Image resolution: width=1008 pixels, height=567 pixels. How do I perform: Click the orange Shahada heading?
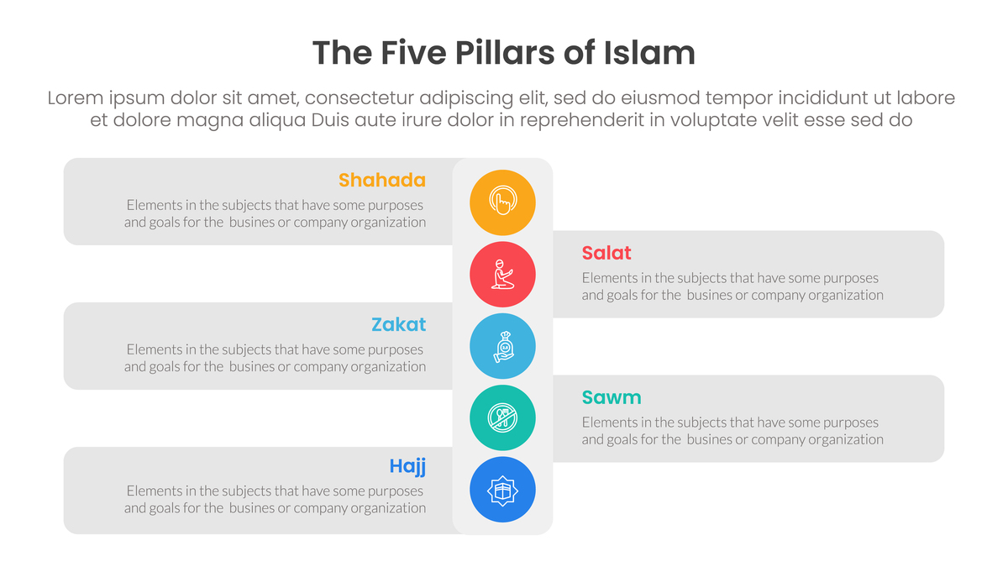tap(381, 180)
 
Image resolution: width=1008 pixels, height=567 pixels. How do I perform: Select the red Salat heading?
tap(606, 253)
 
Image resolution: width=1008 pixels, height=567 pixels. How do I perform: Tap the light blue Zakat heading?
tap(398, 324)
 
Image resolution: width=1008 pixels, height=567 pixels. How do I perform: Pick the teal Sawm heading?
tap(611, 397)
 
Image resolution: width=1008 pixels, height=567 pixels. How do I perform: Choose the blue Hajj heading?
tap(407, 466)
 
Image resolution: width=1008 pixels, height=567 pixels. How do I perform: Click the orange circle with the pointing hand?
tap(502, 202)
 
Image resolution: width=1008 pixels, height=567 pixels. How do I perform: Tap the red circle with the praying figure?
tap(502, 274)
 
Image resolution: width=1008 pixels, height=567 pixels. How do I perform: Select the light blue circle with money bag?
tap(502, 345)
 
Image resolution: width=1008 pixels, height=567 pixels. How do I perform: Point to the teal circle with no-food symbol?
tap(502, 417)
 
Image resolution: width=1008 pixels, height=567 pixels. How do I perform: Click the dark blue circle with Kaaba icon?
tap(502, 489)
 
